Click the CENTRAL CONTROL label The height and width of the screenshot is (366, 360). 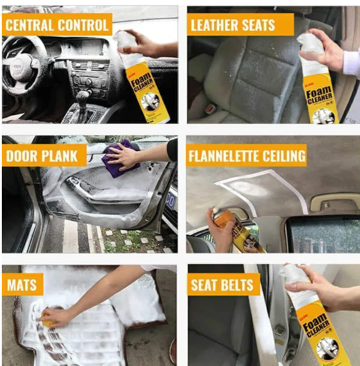click(56, 25)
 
